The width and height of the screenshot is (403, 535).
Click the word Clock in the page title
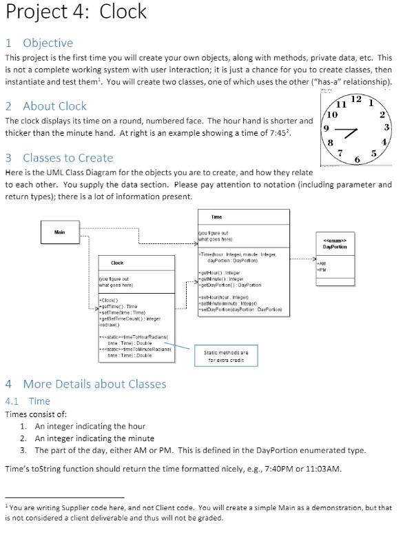point(123,12)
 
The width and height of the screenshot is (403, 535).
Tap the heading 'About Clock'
point(55,106)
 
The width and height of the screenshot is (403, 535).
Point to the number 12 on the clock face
point(355,100)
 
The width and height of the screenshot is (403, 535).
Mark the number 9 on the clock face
point(326,129)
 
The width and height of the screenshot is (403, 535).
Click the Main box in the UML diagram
point(60,232)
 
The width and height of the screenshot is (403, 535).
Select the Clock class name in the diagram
point(117,263)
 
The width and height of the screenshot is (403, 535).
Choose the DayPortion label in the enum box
point(335,246)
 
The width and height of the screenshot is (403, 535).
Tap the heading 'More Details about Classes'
point(94,384)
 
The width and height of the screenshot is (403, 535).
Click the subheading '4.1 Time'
point(28,401)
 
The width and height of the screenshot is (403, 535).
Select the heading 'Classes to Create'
point(68,158)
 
